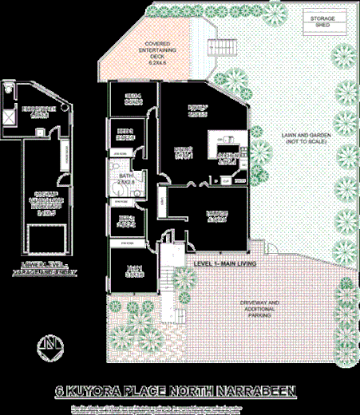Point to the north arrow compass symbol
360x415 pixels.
click(x=50, y=346)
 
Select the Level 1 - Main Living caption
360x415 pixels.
click(x=224, y=262)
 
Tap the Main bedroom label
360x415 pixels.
click(x=133, y=271)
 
